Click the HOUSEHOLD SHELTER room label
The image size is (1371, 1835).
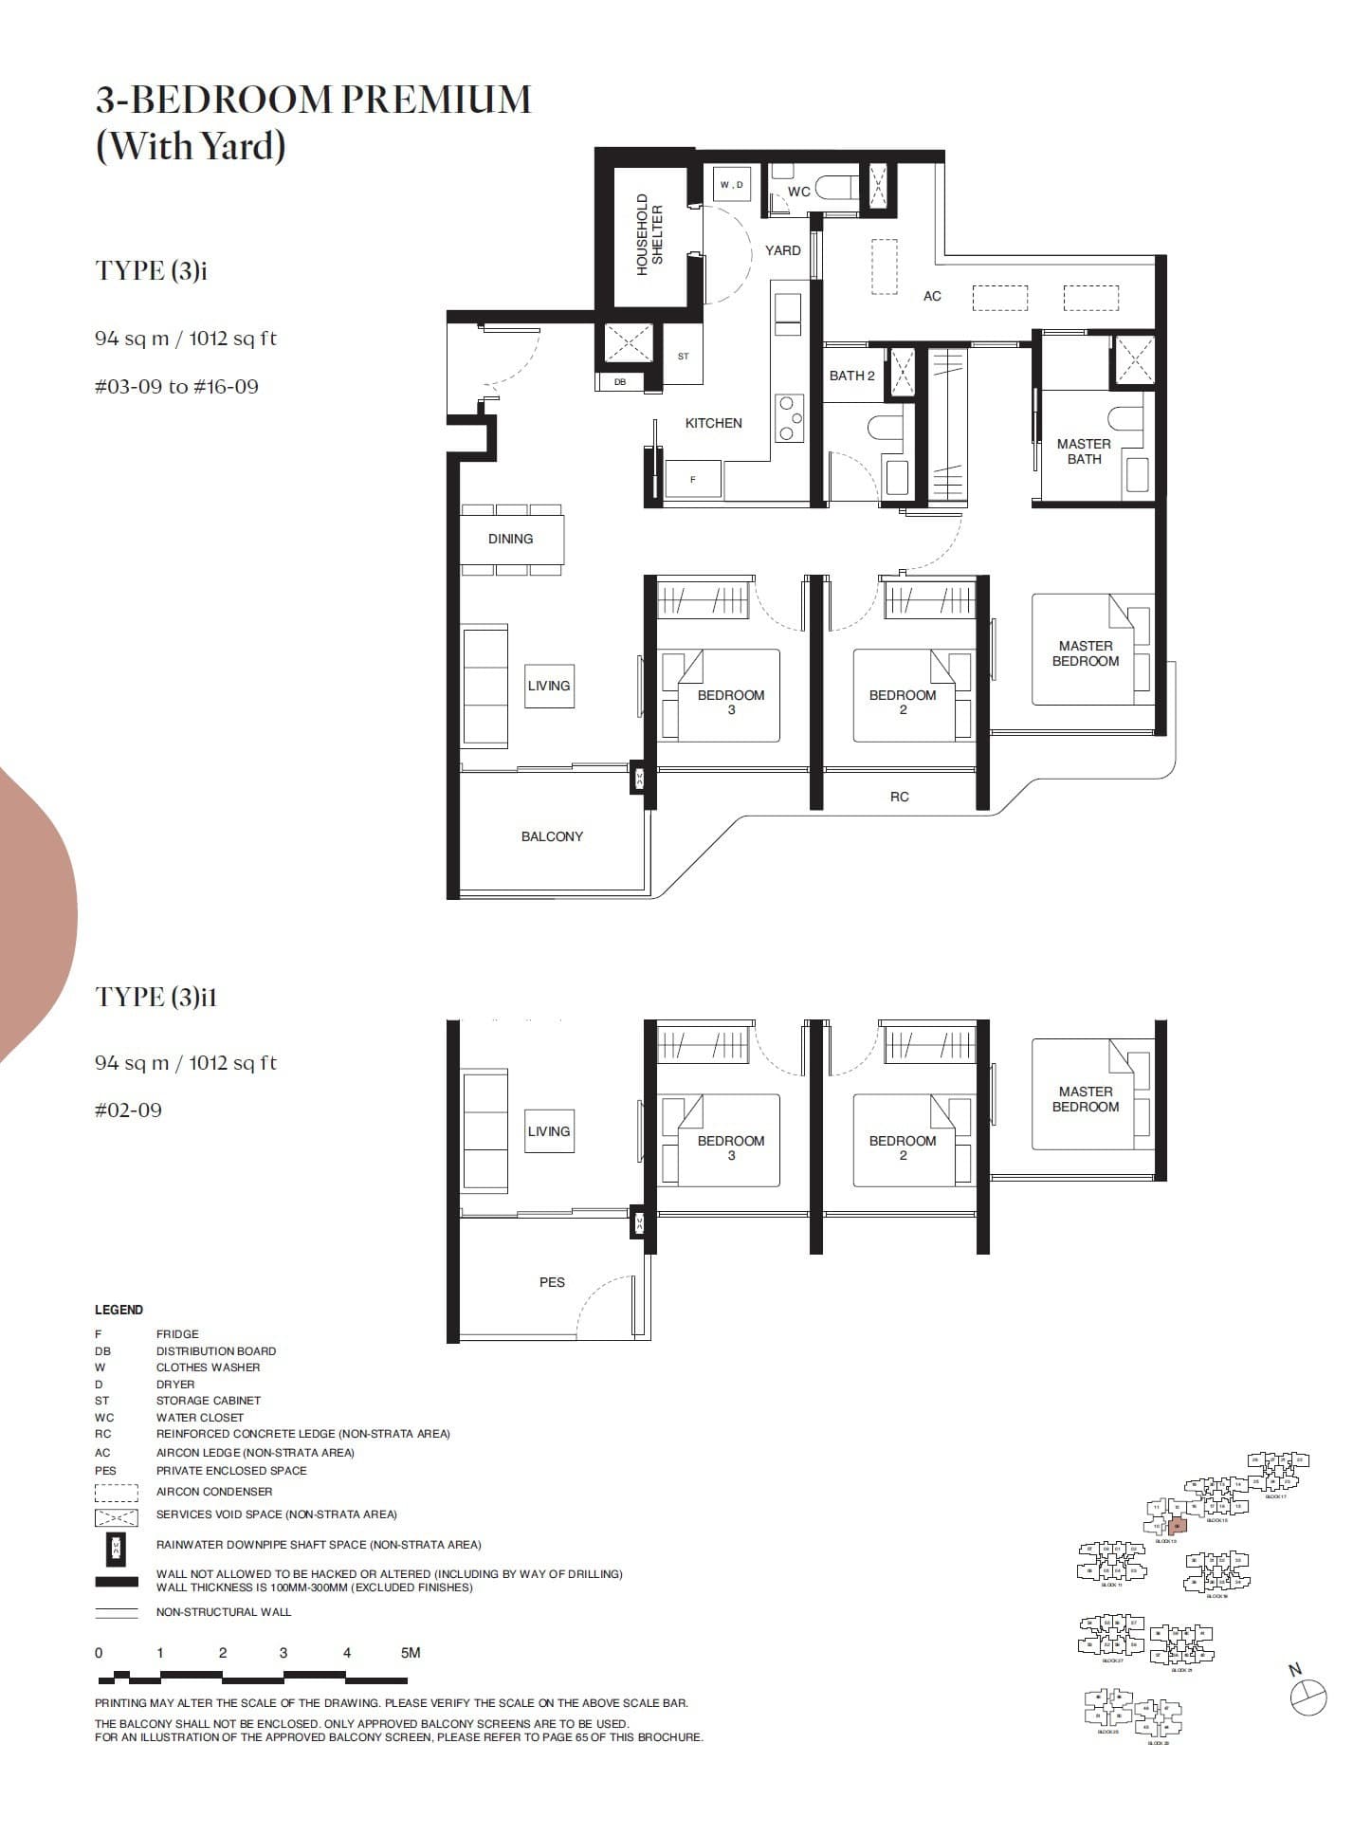(x=649, y=234)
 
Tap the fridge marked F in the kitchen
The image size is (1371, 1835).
(x=692, y=479)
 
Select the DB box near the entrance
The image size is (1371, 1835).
(x=619, y=382)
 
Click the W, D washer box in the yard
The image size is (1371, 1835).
(x=731, y=184)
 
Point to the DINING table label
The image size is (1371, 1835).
(x=510, y=539)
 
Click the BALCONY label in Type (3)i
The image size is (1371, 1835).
(x=552, y=836)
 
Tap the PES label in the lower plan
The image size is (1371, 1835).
(x=552, y=1282)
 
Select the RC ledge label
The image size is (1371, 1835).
(x=899, y=797)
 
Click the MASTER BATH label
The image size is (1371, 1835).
(x=1084, y=451)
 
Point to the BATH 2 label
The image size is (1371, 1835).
(x=851, y=376)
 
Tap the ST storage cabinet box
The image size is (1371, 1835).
(x=683, y=356)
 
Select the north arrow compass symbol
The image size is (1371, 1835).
(x=1308, y=1697)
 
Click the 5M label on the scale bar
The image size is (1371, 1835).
(x=410, y=1653)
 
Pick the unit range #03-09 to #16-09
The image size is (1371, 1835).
(x=176, y=387)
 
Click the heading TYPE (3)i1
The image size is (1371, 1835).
(x=156, y=997)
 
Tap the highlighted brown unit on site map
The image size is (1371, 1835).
(x=1177, y=1526)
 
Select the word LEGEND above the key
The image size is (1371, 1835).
(x=119, y=1310)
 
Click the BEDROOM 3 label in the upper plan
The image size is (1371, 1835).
(x=730, y=702)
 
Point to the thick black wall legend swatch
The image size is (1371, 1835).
(x=116, y=1581)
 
